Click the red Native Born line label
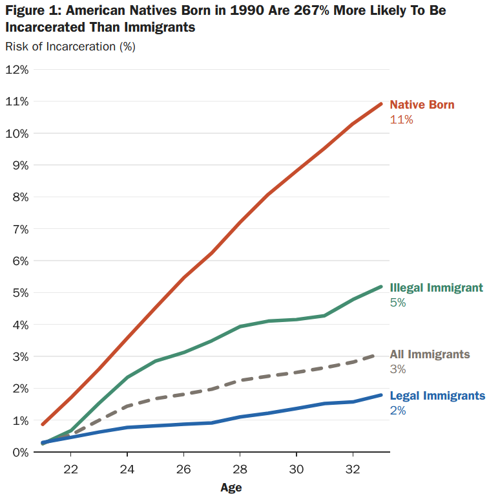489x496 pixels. [422, 105]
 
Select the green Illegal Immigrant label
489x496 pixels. [436, 288]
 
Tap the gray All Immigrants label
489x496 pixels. [430, 354]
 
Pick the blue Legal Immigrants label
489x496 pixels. [437, 396]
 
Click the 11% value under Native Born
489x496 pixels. [401, 120]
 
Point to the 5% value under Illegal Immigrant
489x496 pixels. [398, 303]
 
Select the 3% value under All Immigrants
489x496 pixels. [398, 369]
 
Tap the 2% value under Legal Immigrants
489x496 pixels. [398, 411]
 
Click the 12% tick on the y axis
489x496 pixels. [16, 69]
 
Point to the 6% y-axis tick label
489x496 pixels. [19, 261]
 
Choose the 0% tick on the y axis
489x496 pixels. [19, 452]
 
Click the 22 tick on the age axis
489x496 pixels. [71, 468]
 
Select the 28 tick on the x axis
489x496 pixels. [240, 468]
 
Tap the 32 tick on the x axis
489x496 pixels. [353, 468]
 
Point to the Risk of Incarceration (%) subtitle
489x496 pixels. [70, 47]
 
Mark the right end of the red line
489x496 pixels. [381, 104]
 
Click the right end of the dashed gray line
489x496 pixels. [381, 355]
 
